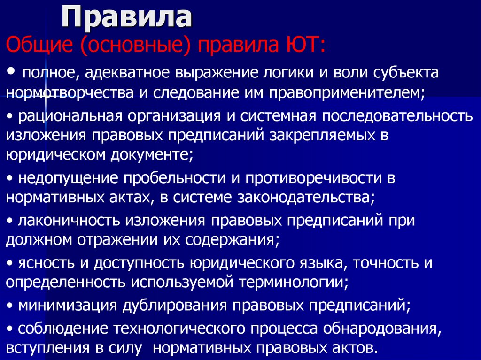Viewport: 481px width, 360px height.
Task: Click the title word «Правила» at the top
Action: tap(128, 17)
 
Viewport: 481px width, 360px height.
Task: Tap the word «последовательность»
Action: tap(383, 116)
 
